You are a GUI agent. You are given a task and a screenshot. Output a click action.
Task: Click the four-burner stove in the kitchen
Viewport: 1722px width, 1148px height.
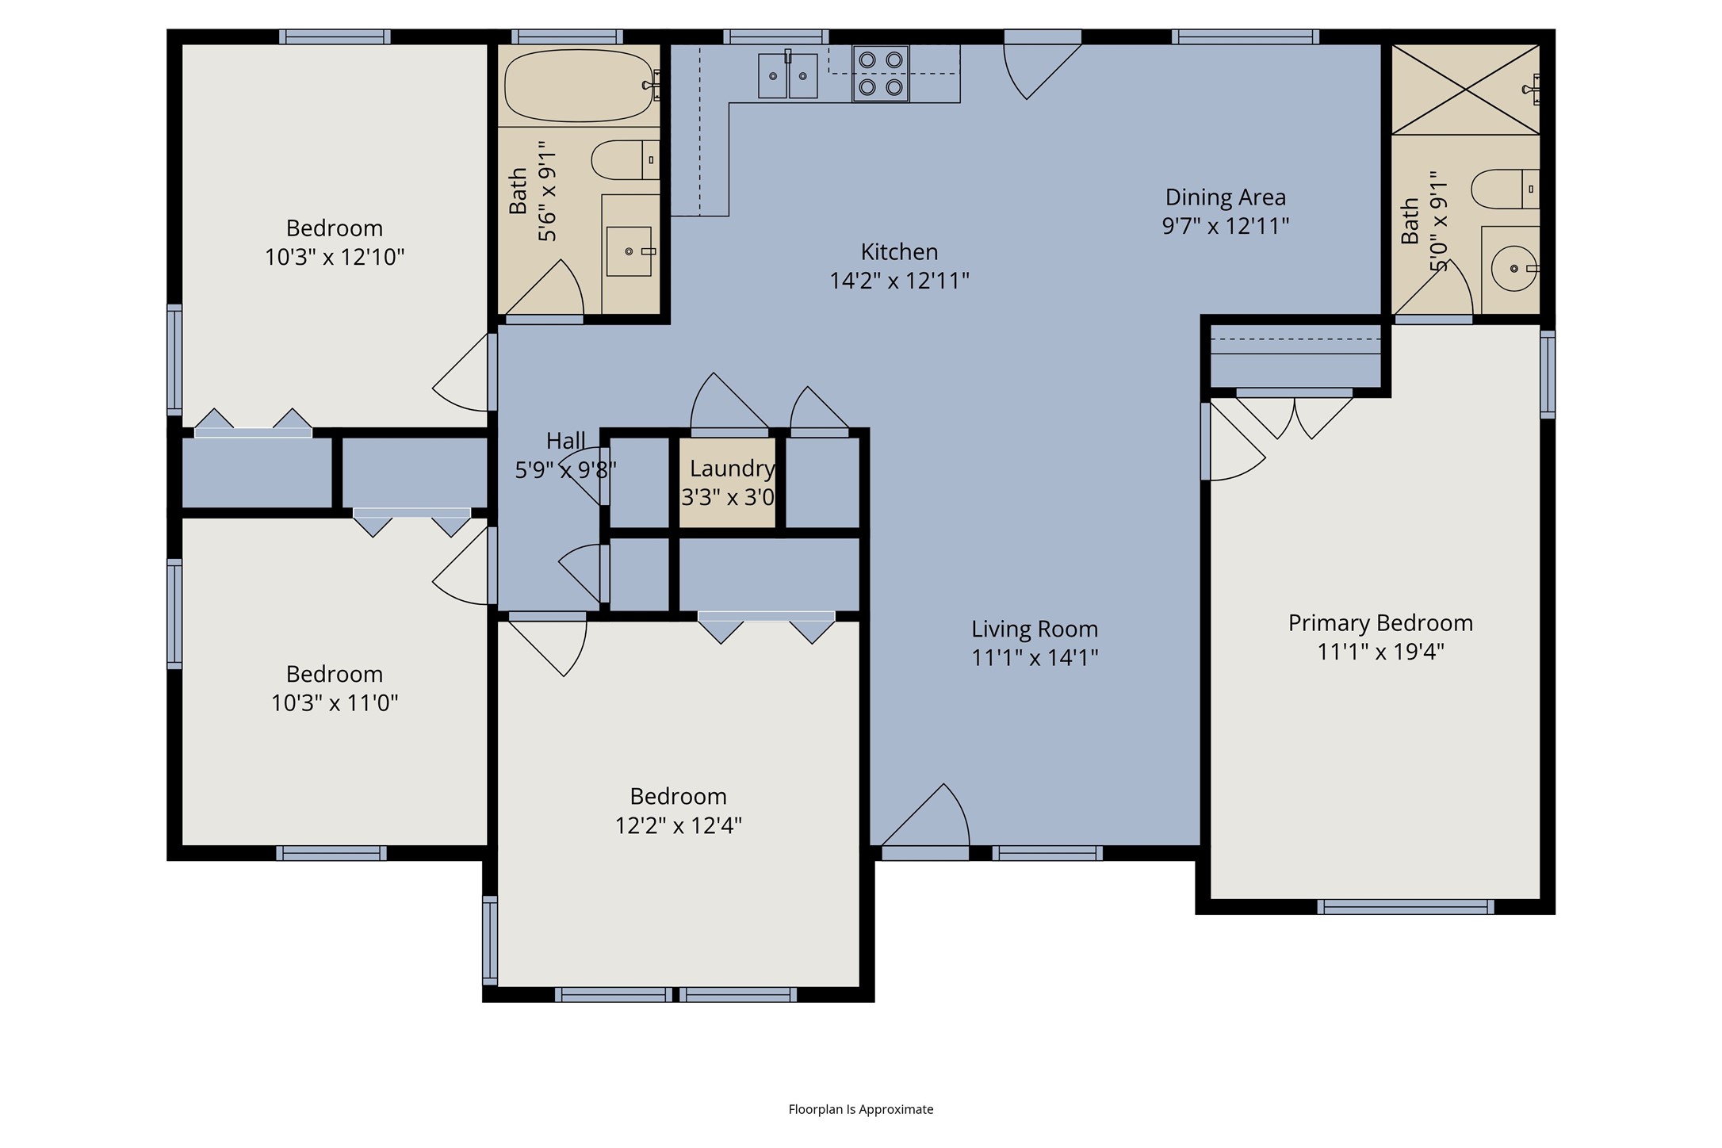(881, 74)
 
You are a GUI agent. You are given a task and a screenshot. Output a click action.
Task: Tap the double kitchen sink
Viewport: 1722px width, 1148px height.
(787, 75)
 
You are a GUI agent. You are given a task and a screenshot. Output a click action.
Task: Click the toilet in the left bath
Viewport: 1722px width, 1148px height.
(626, 160)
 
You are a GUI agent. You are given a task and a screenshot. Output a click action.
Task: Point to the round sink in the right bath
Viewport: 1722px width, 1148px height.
(1514, 269)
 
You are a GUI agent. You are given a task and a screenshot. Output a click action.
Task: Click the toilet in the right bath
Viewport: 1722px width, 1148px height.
(1505, 189)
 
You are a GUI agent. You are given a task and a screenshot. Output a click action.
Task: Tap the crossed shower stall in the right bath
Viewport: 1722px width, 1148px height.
(1465, 89)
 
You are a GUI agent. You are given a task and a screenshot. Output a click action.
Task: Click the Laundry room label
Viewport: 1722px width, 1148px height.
(732, 469)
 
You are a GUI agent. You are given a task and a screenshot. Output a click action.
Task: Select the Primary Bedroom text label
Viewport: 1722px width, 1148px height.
(1380, 623)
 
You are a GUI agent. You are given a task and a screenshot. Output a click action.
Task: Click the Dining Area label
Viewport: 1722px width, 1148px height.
(1226, 197)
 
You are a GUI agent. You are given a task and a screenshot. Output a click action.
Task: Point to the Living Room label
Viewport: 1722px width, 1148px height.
(1035, 629)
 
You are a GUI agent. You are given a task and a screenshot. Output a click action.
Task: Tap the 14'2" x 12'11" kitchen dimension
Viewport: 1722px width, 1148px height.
(899, 281)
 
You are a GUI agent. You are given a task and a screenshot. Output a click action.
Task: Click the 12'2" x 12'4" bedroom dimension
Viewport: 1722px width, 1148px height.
(679, 825)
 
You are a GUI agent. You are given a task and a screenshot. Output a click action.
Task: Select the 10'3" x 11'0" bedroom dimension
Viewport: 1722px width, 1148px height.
(335, 702)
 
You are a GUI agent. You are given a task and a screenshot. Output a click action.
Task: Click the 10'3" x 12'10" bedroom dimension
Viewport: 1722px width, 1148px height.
(335, 257)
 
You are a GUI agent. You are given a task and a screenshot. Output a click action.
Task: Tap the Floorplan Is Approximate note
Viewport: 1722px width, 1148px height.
(861, 1109)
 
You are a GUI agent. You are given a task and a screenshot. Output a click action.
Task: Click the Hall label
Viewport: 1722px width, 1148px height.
(566, 440)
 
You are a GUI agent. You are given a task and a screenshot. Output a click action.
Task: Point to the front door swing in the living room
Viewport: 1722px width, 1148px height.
(926, 817)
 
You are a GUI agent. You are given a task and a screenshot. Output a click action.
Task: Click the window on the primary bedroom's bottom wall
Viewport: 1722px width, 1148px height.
(1406, 906)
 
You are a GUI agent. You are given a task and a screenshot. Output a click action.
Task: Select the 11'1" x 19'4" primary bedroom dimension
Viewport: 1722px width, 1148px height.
(1380, 652)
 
